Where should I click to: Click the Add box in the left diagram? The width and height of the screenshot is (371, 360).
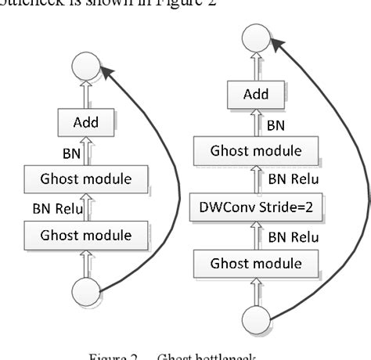click(85, 123)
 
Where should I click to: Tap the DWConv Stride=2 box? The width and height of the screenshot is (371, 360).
click(256, 207)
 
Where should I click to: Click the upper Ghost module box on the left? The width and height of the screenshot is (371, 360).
click(85, 179)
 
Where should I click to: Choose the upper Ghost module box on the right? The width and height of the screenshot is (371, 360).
click(256, 151)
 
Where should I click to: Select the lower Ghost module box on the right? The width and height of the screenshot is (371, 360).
click(256, 263)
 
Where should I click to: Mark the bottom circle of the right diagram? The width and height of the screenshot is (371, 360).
click(256, 322)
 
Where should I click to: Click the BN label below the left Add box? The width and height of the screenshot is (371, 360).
click(72, 153)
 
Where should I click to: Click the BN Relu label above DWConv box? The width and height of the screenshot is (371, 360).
click(294, 179)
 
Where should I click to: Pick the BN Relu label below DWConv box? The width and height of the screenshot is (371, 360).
click(294, 236)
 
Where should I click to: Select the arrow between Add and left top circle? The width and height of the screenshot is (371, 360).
click(85, 95)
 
